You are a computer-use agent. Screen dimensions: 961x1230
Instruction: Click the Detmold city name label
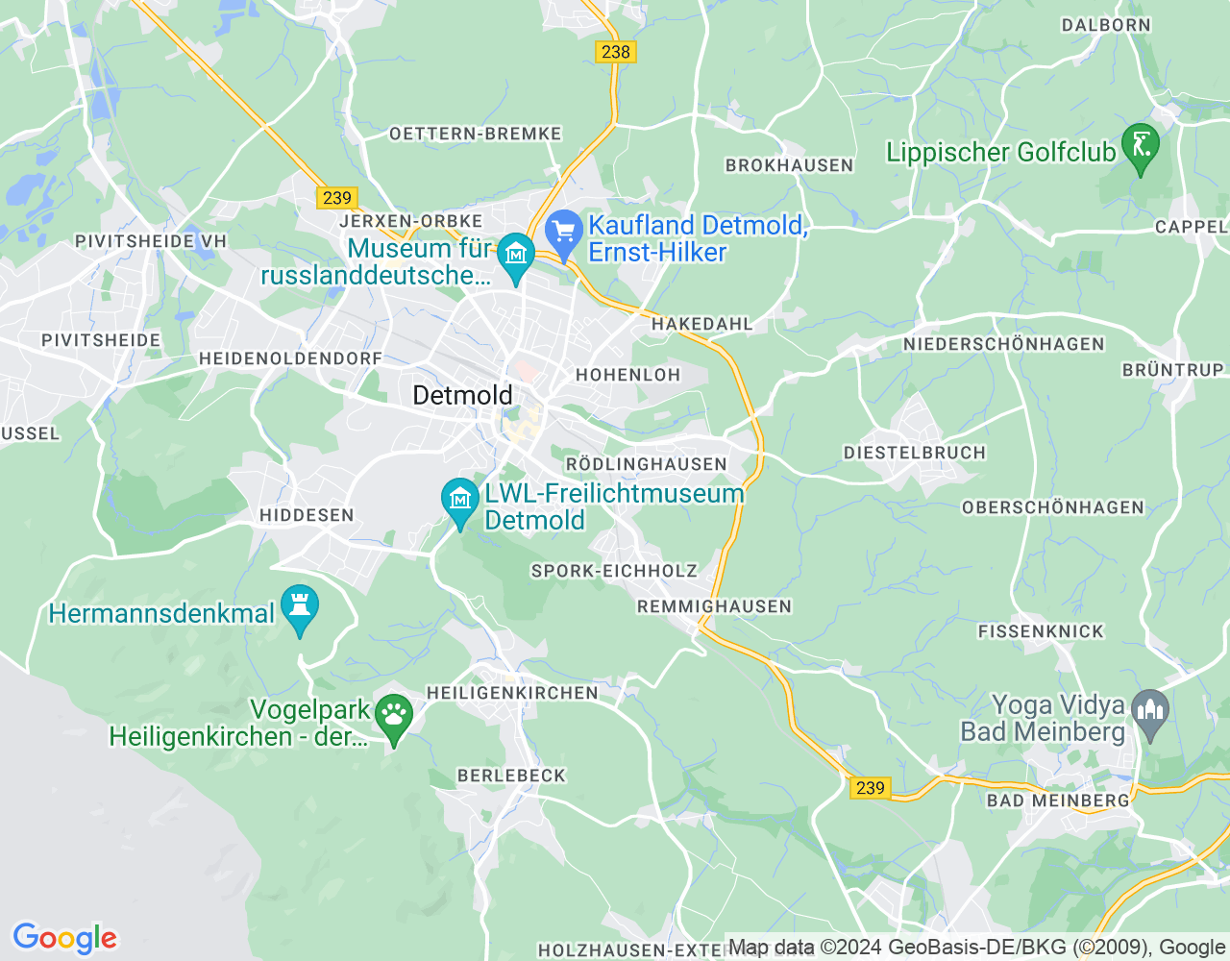tap(462, 395)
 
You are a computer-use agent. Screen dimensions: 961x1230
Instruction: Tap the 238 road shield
tap(615, 52)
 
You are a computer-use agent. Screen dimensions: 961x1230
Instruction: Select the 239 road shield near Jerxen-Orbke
tap(336, 198)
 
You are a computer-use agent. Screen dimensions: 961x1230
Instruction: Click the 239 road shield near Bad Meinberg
tap(870, 788)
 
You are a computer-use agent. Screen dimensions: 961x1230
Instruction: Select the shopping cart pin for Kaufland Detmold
tap(564, 233)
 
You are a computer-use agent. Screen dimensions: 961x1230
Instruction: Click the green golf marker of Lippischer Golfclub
tap(1140, 147)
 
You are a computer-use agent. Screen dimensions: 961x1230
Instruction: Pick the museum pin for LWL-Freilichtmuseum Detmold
tap(460, 501)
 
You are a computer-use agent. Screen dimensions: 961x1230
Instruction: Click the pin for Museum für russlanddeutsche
tap(516, 256)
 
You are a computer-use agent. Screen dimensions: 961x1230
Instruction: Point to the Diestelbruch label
tap(914, 453)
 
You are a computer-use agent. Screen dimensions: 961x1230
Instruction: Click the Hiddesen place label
tap(307, 515)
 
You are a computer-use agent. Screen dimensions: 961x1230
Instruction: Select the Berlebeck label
tap(511, 776)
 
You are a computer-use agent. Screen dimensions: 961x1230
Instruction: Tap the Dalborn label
tap(1105, 25)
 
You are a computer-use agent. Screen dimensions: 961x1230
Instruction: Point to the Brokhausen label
tap(789, 165)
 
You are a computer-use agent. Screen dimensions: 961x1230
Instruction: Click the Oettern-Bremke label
tap(475, 134)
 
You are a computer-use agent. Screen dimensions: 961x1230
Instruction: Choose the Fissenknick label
tap(1041, 631)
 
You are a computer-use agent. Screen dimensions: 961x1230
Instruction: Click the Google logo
tap(64, 938)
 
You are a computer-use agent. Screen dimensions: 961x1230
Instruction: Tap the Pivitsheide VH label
tap(151, 241)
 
